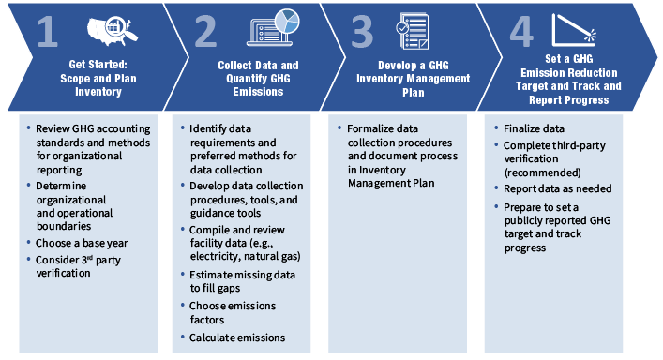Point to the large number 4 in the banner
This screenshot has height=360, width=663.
coord(521,33)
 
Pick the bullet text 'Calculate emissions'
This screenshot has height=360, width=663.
coord(237,337)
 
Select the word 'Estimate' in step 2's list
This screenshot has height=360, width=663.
coord(212,274)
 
